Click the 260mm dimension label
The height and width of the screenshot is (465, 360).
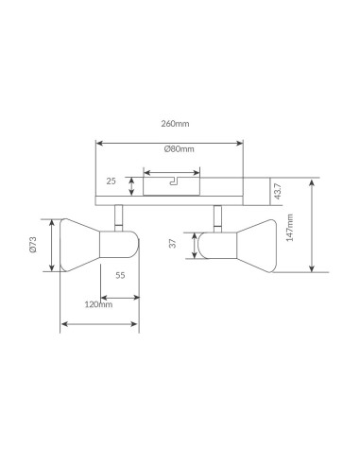point(175,124)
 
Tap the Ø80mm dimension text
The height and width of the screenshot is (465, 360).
point(179,148)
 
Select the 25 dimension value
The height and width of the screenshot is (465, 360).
point(111,181)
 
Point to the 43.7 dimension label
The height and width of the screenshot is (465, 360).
point(278,191)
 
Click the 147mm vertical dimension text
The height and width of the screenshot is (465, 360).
point(289,228)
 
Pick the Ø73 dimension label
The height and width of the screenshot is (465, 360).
point(33,245)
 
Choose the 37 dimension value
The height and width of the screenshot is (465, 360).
point(173,243)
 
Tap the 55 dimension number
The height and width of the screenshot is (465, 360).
point(120,275)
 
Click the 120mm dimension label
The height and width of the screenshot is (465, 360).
point(98,304)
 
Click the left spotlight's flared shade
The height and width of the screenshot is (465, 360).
point(79,245)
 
